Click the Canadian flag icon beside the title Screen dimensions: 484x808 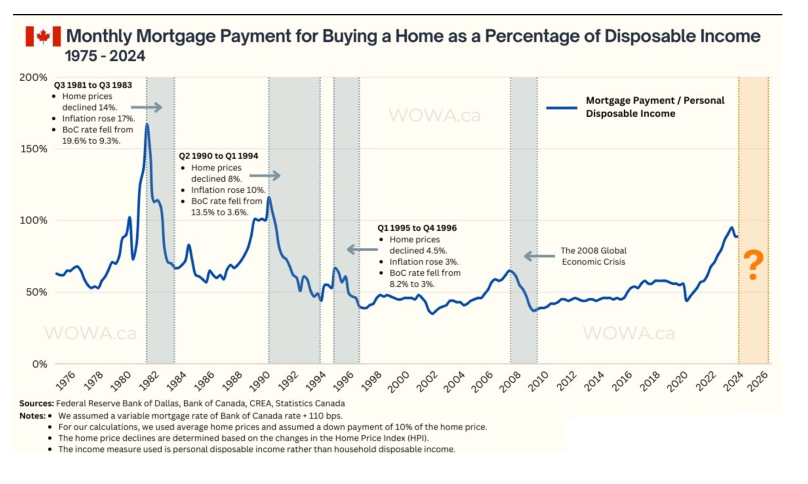(x=43, y=36)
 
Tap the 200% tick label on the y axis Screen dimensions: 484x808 (x=33, y=78)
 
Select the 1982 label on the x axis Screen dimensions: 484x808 (x=149, y=381)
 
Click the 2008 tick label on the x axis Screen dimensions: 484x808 (x=510, y=381)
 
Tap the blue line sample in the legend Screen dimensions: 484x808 (x=561, y=108)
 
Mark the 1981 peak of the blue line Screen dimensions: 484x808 (x=147, y=124)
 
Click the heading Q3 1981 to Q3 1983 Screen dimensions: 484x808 (x=93, y=85)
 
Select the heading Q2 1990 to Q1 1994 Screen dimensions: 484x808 (x=218, y=156)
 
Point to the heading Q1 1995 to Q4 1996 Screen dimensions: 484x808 (x=417, y=228)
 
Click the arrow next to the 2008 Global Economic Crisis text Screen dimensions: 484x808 (x=539, y=256)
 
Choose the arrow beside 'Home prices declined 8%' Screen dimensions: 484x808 (x=265, y=176)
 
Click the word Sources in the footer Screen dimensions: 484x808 (x=36, y=403)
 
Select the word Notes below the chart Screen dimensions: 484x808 (x=32, y=416)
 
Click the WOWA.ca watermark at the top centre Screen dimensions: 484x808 (x=434, y=115)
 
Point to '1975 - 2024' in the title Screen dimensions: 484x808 (x=105, y=56)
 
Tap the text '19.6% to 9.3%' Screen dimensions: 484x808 (x=91, y=141)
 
